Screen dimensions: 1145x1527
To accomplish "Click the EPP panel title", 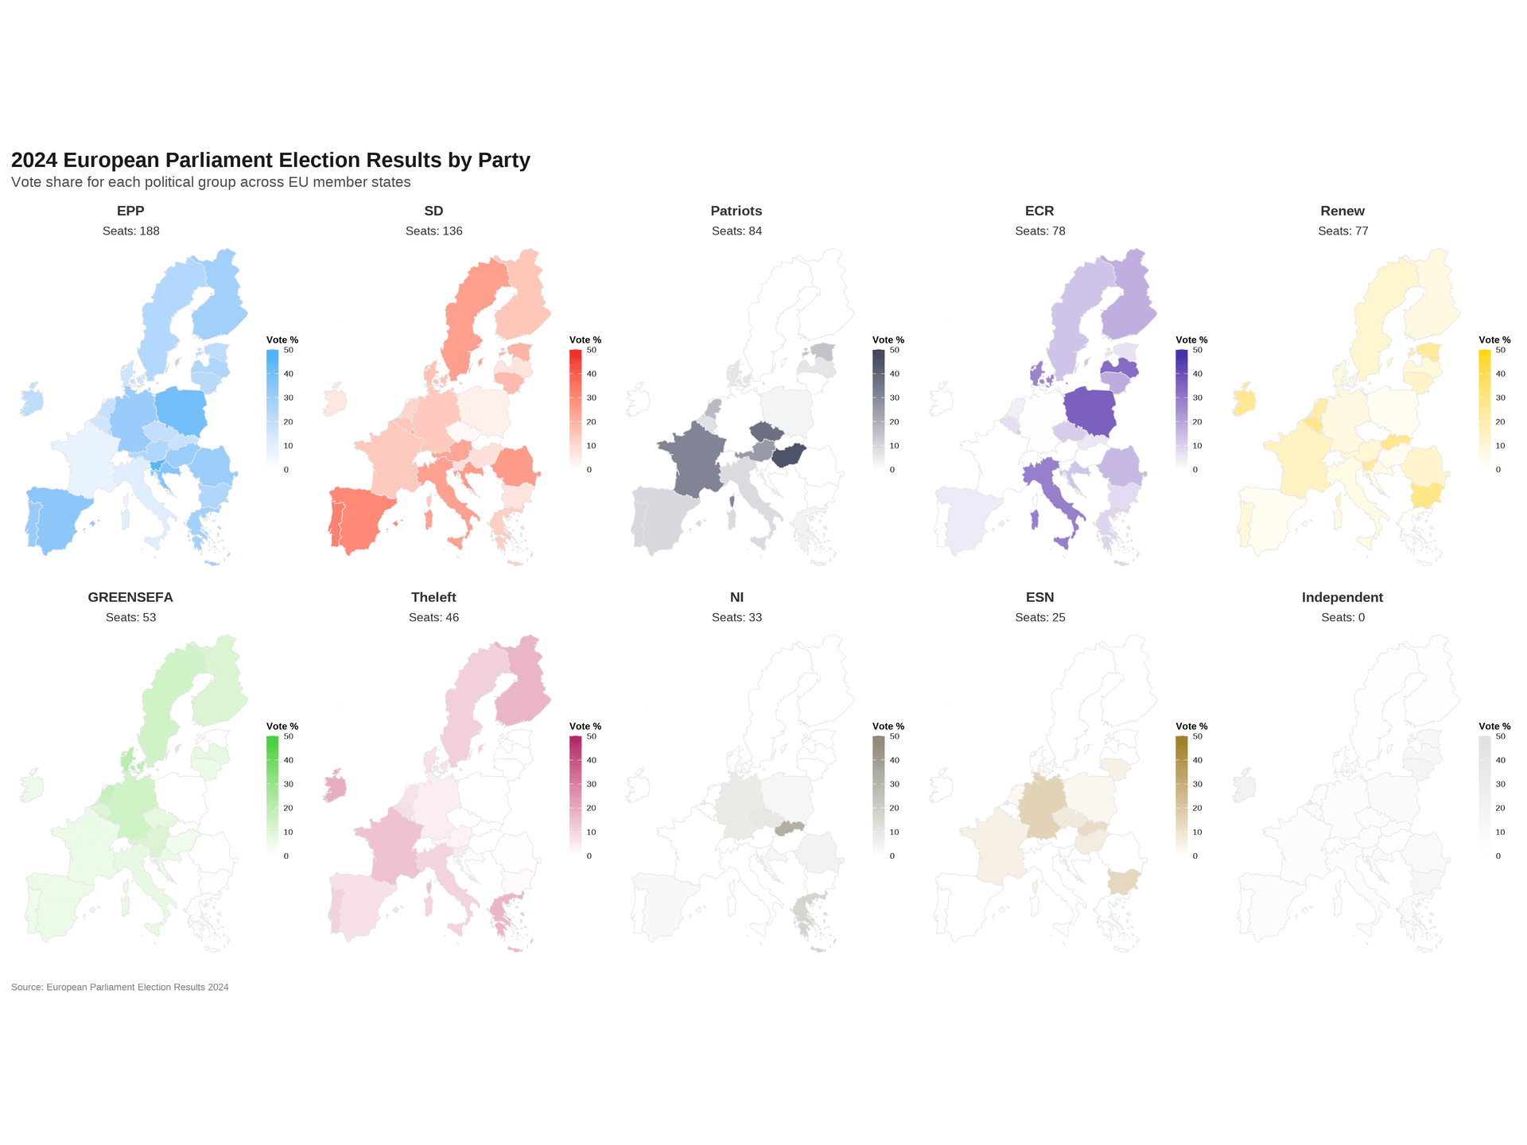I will click(130, 211).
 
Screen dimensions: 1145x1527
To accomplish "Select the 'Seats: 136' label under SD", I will click(433, 231).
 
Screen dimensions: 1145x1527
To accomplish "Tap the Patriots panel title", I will click(736, 211).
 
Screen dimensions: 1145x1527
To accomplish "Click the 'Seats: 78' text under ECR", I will click(1039, 231).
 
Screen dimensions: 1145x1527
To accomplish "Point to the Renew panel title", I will click(1342, 211).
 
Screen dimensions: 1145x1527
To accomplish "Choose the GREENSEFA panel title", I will click(130, 597).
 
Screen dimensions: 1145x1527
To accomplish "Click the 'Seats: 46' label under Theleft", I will click(433, 618).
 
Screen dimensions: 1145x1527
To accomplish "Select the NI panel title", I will click(736, 597).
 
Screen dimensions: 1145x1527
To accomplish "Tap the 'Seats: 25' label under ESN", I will click(1039, 618).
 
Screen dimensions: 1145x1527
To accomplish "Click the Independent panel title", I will click(1342, 597).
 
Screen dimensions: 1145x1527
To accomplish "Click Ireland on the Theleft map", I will click(336, 788).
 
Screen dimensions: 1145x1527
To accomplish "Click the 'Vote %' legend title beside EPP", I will click(282, 340).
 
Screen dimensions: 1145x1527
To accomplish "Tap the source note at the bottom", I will click(120, 988).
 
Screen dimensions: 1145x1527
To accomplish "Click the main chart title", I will click(270, 161).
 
